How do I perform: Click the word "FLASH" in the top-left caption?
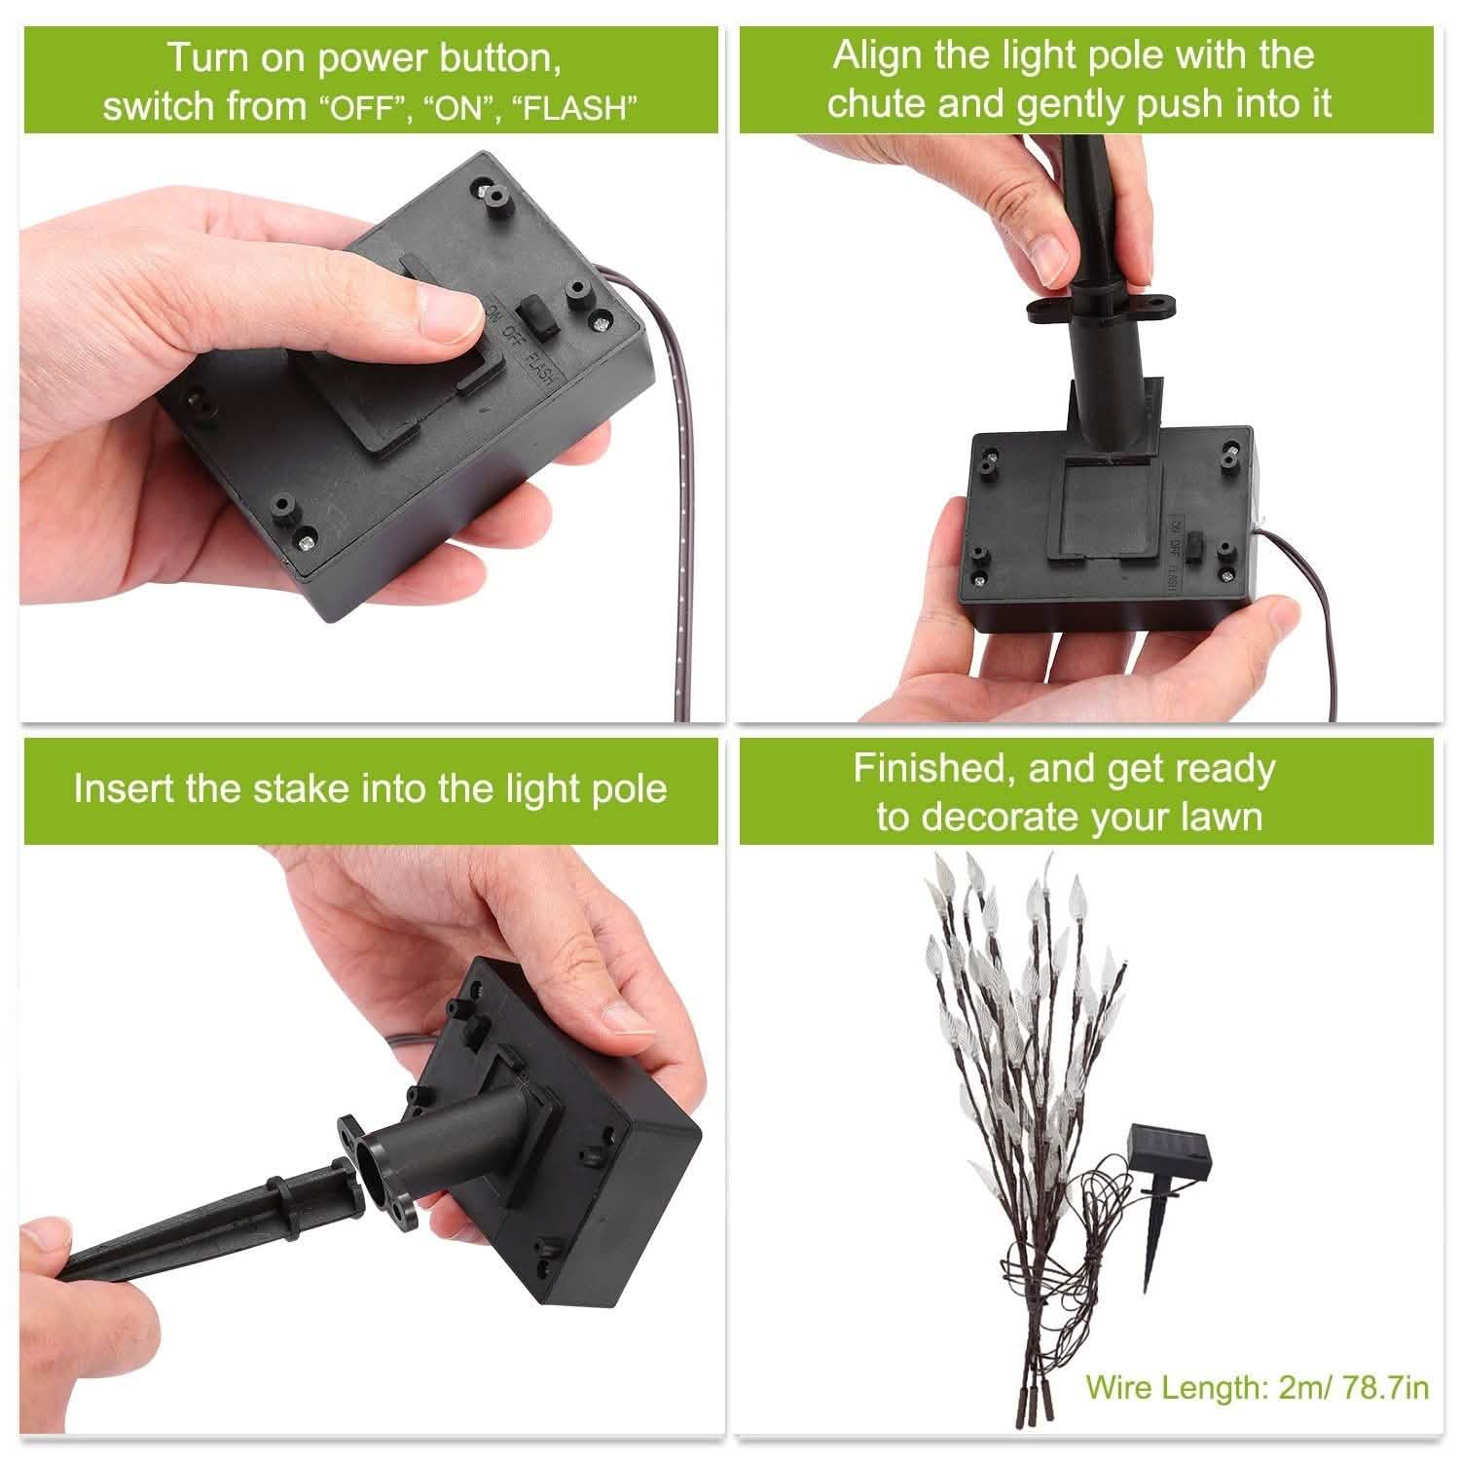tap(581, 107)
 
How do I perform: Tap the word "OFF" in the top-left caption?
tap(361, 107)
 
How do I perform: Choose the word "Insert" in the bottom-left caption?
tap(125, 788)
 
